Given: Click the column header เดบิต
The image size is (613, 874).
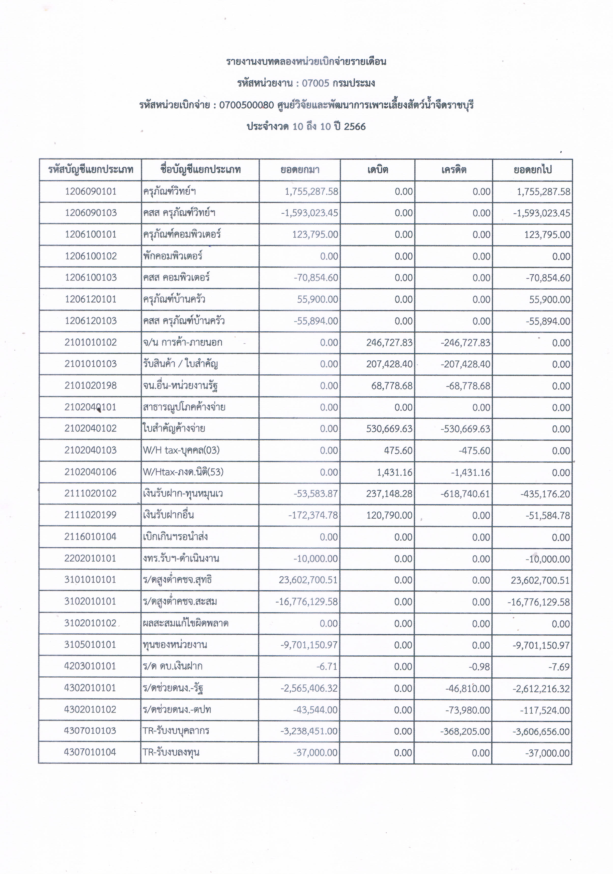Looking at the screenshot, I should (377, 170).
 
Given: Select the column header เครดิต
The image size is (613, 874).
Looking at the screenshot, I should (454, 170).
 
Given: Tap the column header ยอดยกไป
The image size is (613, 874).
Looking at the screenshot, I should (532, 170).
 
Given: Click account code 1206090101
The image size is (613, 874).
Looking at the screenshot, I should (91, 191).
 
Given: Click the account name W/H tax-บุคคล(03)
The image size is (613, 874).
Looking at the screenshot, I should (181, 450).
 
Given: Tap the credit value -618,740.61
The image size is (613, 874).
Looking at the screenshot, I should (465, 494).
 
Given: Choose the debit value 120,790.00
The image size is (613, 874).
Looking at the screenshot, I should (389, 515).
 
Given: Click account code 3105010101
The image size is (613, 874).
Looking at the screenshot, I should (91, 645).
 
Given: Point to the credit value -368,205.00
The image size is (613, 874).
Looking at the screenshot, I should (465, 732).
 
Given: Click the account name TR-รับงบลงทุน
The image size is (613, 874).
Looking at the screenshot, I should (171, 753).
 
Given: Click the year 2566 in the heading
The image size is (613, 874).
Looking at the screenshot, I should (354, 127).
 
